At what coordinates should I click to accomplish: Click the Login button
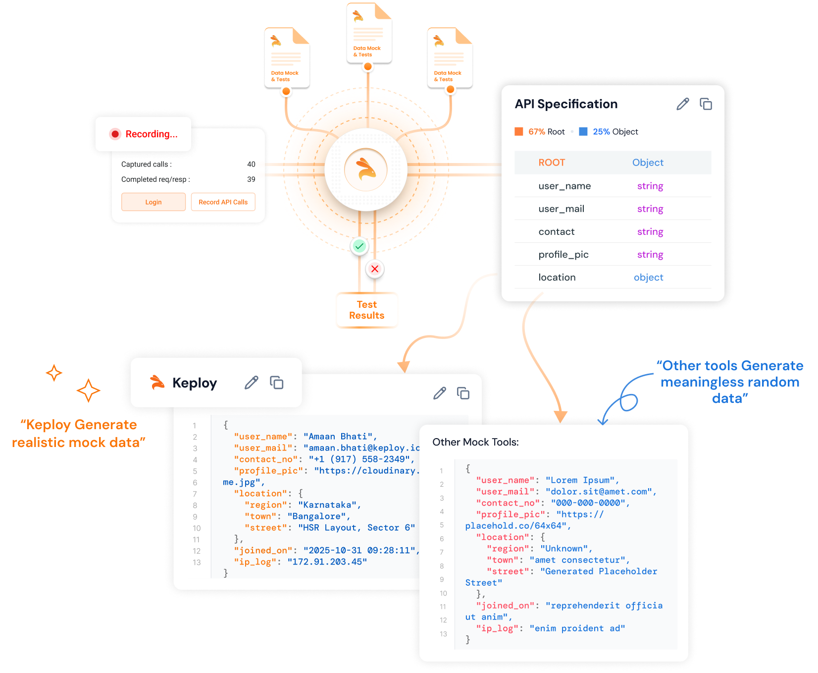(x=153, y=202)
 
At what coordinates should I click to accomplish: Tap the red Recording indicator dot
(x=115, y=134)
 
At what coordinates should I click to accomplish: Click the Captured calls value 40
(x=251, y=165)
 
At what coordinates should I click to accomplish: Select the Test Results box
(x=367, y=310)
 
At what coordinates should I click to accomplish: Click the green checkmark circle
(x=359, y=246)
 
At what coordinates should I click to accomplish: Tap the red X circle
(x=375, y=269)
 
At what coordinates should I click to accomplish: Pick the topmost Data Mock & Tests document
(x=369, y=33)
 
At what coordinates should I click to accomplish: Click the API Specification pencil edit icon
(x=683, y=104)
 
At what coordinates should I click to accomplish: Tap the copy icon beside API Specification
(x=706, y=104)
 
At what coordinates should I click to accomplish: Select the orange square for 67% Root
(x=519, y=131)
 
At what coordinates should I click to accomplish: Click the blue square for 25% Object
(x=583, y=131)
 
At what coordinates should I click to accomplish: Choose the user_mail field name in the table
(x=561, y=209)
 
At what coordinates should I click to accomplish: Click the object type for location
(x=648, y=278)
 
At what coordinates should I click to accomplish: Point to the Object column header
(x=648, y=163)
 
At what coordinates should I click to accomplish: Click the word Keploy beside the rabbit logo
(x=195, y=383)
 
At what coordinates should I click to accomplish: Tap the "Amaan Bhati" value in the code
(x=340, y=437)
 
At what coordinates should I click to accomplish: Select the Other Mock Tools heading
(x=475, y=442)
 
